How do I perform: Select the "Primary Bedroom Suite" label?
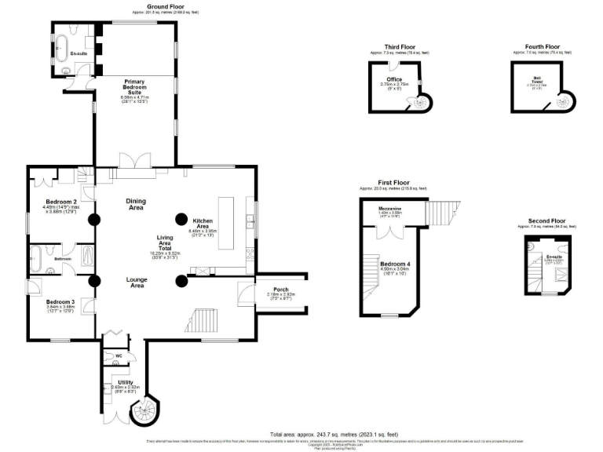coord(133,86)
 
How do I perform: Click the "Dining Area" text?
coord(135,204)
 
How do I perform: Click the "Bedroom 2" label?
coord(60,201)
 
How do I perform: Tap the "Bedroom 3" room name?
coord(60,302)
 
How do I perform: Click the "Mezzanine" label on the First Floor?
coord(390,208)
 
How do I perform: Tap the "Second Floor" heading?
coord(546,221)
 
